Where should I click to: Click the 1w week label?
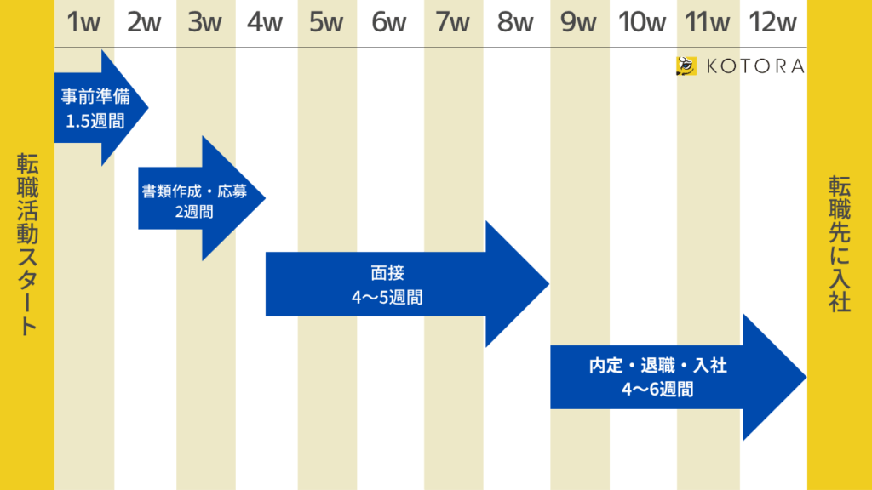click(83, 23)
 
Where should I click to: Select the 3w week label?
click(204, 23)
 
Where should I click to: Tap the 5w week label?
click(326, 23)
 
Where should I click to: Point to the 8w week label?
click(515, 23)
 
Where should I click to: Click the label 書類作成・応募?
click(194, 191)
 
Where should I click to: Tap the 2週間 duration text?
click(194, 212)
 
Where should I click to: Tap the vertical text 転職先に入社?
click(840, 244)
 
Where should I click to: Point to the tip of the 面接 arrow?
click(547, 284)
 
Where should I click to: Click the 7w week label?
click(452, 23)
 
